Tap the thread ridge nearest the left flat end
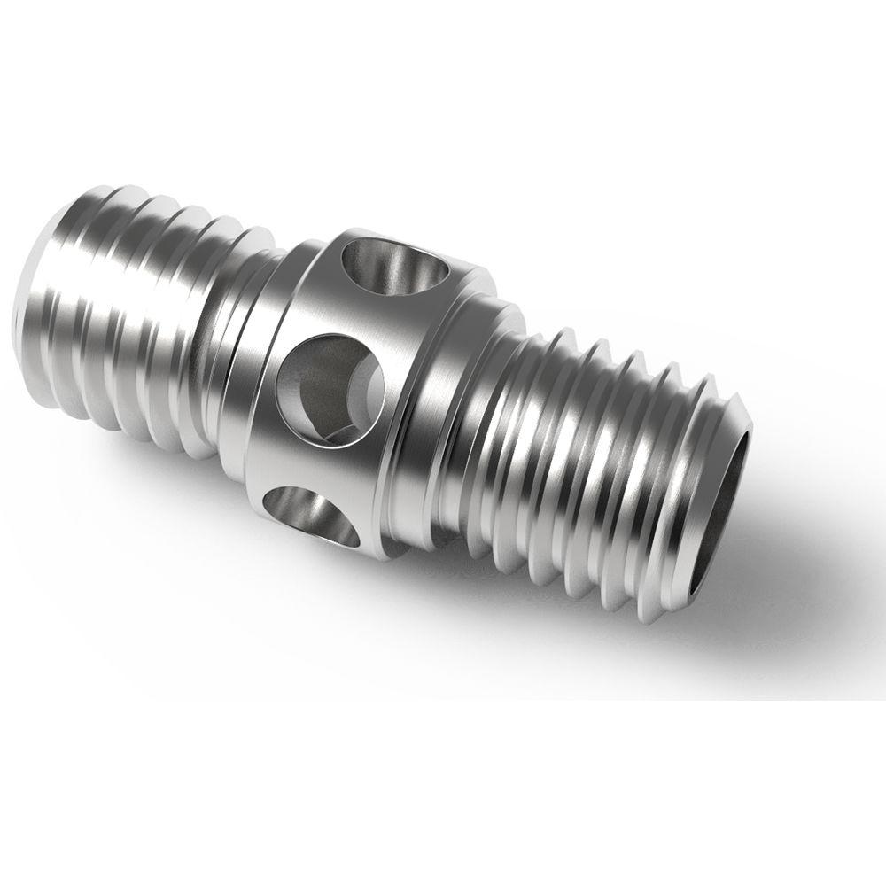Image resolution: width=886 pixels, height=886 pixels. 80,292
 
